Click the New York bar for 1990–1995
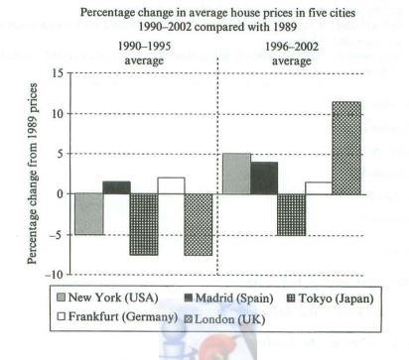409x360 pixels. pyautogui.click(x=89, y=213)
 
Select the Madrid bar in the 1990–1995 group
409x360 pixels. pyautogui.click(x=116, y=187)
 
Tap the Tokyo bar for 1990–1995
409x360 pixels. pyautogui.click(x=144, y=224)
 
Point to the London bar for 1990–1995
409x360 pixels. pyautogui.click(x=198, y=224)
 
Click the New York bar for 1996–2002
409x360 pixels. pyautogui.click(x=236, y=174)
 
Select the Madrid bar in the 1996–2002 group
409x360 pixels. pyautogui.click(x=263, y=178)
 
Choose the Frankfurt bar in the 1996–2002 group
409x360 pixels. pyautogui.click(x=318, y=187)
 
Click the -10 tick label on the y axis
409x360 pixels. pyautogui.click(x=55, y=275)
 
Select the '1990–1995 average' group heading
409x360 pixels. pyautogui.click(x=134, y=53)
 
